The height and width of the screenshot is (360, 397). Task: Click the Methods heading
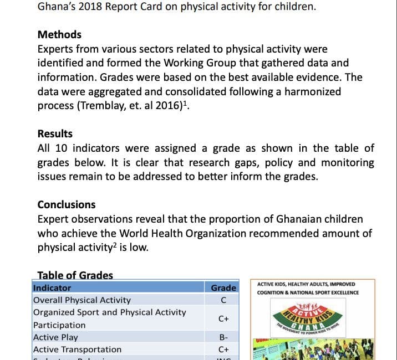click(x=59, y=35)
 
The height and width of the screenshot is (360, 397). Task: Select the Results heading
click(x=55, y=133)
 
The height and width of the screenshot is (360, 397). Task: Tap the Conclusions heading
click(x=66, y=204)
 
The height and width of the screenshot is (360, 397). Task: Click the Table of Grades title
click(x=75, y=275)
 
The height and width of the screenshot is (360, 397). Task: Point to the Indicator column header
click(x=52, y=288)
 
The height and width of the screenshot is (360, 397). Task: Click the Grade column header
click(x=223, y=288)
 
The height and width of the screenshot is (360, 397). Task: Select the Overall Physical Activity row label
click(x=82, y=300)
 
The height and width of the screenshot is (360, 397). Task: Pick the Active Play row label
click(x=55, y=337)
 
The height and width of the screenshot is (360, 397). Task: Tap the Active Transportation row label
click(x=77, y=349)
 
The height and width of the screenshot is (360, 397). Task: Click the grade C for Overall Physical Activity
click(x=223, y=300)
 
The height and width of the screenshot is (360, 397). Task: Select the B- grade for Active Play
click(x=223, y=337)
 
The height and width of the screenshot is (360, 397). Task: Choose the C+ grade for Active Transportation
click(x=223, y=349)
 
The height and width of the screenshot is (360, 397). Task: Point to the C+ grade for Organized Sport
click(x=223, y=319)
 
